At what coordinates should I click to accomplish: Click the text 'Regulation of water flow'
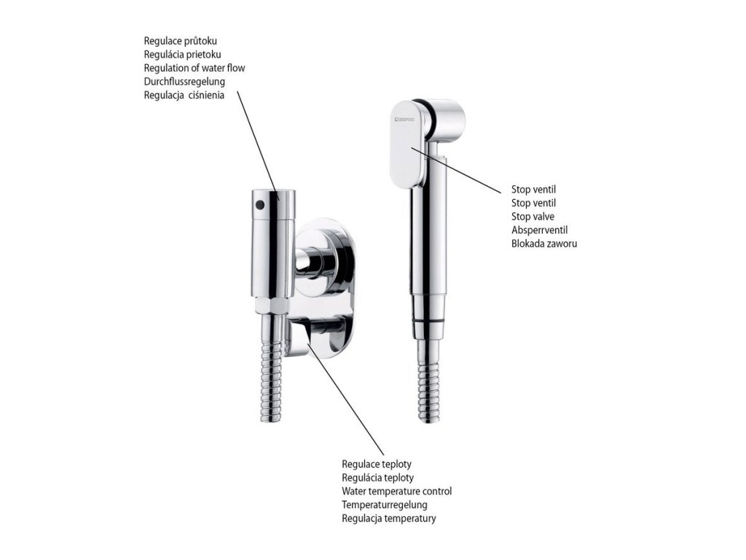pos(194,68)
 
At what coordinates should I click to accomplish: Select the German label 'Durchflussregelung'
pos(184,82)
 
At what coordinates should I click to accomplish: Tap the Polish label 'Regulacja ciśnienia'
pos(184,96)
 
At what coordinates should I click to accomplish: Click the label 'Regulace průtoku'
pos(181,41)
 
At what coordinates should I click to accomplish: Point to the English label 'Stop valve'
pos(533,217)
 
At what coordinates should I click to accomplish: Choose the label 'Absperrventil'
pos(540,230)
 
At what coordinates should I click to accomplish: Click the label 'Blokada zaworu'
pos(544,244)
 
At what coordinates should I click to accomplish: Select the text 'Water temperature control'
pos(397,491)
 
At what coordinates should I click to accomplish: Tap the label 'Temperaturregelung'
pos(385,505)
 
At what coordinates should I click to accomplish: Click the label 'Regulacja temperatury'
pos(389,518)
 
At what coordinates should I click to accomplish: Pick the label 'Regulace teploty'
pos(377,464)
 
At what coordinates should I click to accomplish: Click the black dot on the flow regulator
pos(259,205)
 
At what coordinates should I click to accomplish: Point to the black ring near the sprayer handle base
pos(429,322)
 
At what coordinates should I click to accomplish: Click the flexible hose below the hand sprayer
pos(429,381)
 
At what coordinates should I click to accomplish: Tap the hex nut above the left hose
pos(272,306)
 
